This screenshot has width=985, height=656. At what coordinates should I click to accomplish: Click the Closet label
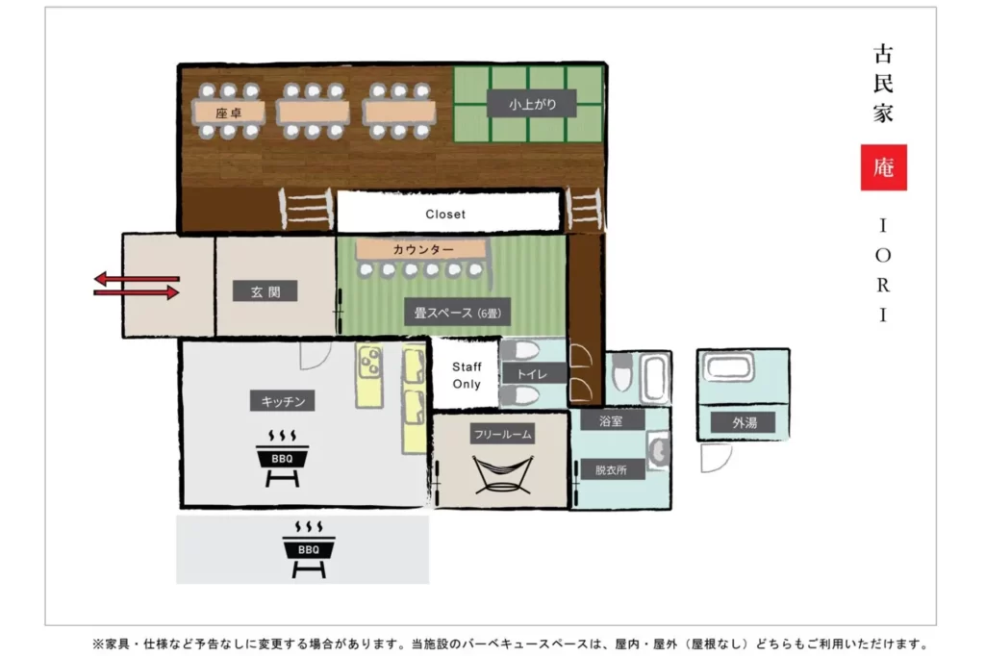point(445,214)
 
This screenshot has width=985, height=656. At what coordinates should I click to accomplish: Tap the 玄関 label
point(265,291)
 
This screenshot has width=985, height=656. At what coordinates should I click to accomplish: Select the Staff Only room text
point(467,375)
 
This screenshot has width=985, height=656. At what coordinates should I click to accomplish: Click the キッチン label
point(283,401)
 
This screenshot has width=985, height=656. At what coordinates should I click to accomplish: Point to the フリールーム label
point(502,434)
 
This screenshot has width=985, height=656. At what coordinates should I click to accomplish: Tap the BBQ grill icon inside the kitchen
point(282,458)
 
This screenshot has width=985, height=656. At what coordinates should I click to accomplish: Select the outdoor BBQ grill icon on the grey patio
point(309,548)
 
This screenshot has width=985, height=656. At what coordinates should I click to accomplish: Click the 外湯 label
point(744,423)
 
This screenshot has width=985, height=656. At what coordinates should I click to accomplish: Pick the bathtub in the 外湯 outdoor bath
point(727,366)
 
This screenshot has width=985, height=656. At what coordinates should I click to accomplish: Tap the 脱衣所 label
point(611,469)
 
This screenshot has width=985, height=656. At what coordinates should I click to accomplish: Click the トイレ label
point(533,374)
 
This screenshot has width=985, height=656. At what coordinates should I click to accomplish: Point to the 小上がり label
point(532,104)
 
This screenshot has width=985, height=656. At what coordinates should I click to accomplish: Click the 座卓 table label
point(228,114)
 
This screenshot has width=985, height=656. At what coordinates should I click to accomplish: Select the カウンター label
point(423,249)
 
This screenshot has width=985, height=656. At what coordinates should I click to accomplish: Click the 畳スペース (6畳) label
point(457,313)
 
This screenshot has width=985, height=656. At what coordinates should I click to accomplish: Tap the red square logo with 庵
point(883,167)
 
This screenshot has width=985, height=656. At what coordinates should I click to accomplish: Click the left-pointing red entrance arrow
point(137,278)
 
